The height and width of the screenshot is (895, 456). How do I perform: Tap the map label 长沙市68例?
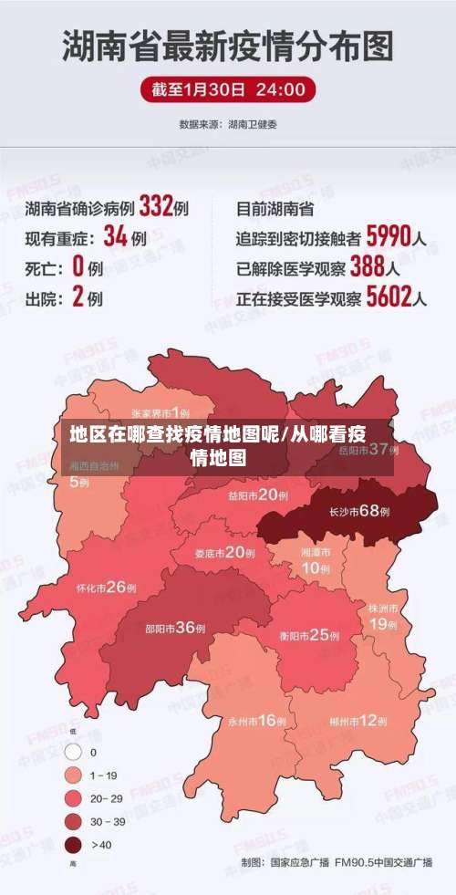point(359,512)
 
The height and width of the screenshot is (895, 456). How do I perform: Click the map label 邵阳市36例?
point(175,628)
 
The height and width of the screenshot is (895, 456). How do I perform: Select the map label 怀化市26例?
point(107,587)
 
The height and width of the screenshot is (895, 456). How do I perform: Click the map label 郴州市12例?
point(359,721)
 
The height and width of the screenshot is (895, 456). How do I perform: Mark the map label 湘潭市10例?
point(316,561)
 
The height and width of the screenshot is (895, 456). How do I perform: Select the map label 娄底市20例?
point(224,552)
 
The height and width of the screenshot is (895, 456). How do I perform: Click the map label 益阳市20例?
point(259,495)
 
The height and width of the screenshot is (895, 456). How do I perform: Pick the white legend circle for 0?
point(74,753)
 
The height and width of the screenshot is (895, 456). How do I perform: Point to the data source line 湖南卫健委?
point(227,123)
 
